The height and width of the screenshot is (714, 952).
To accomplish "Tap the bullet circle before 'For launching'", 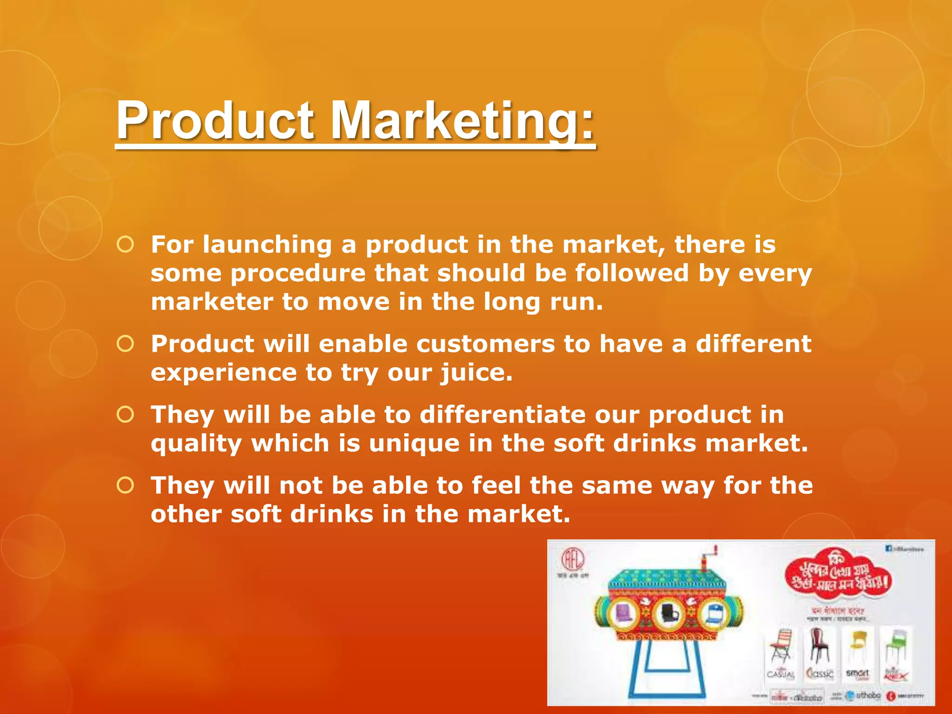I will pos(126,244).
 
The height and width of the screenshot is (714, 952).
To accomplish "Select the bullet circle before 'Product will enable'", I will pos(126,344).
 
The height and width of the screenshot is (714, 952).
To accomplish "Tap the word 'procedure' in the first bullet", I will pos(297,273).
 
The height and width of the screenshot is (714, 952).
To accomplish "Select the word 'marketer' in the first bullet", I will pos(212,302).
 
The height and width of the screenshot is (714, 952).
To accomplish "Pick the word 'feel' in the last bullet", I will pos(496,486).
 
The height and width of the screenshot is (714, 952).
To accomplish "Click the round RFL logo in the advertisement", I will pos(573,560).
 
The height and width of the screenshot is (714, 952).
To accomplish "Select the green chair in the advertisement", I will pos(893,646).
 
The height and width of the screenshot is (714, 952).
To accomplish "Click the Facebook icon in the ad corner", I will pos(889,549).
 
